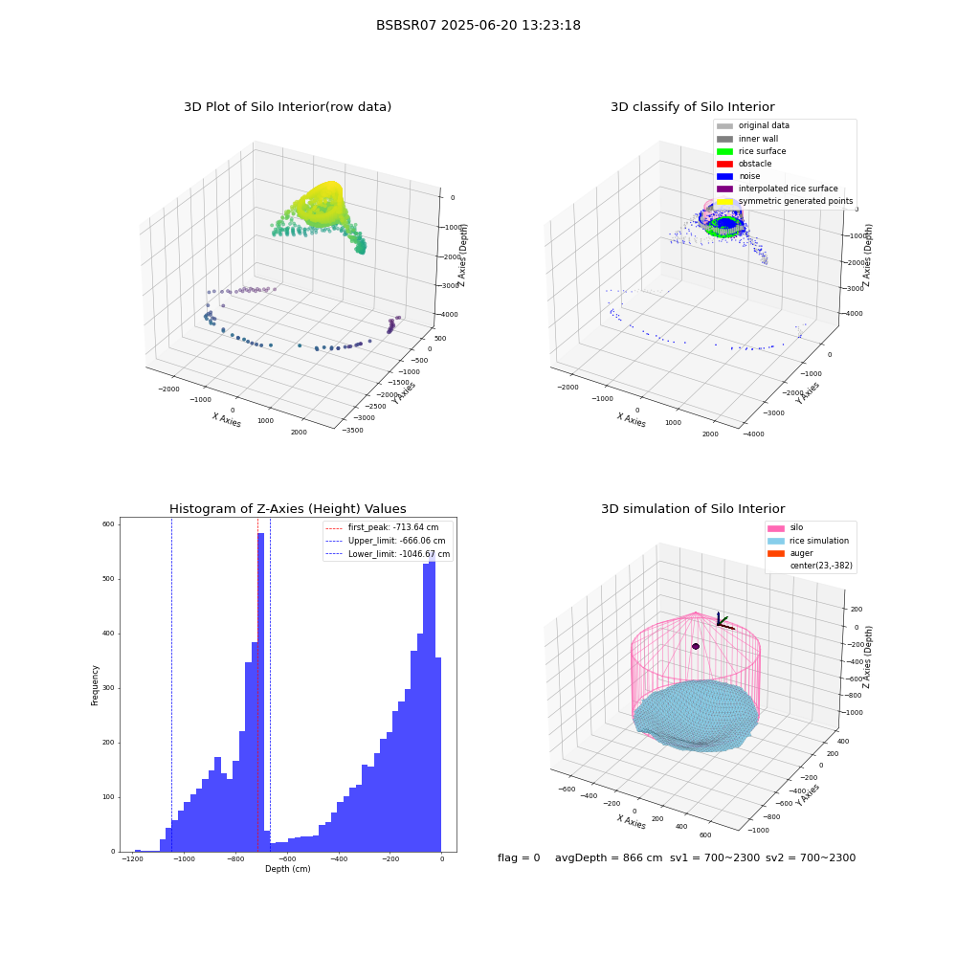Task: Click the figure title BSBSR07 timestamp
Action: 478,25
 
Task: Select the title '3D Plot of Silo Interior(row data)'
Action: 287,107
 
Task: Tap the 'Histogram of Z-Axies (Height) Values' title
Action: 287,508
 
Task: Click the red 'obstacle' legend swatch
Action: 724,164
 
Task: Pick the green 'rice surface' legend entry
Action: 751,151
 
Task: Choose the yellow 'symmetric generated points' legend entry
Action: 785,201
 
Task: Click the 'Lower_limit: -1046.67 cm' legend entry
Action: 388,554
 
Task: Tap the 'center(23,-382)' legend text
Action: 821,566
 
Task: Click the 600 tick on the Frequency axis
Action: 108,523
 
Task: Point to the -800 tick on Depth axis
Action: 235,859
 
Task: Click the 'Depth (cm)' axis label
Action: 287,869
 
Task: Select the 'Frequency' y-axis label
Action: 95,685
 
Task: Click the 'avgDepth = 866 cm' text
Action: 609,857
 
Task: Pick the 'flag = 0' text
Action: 519,857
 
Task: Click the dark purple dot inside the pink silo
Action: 695,646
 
